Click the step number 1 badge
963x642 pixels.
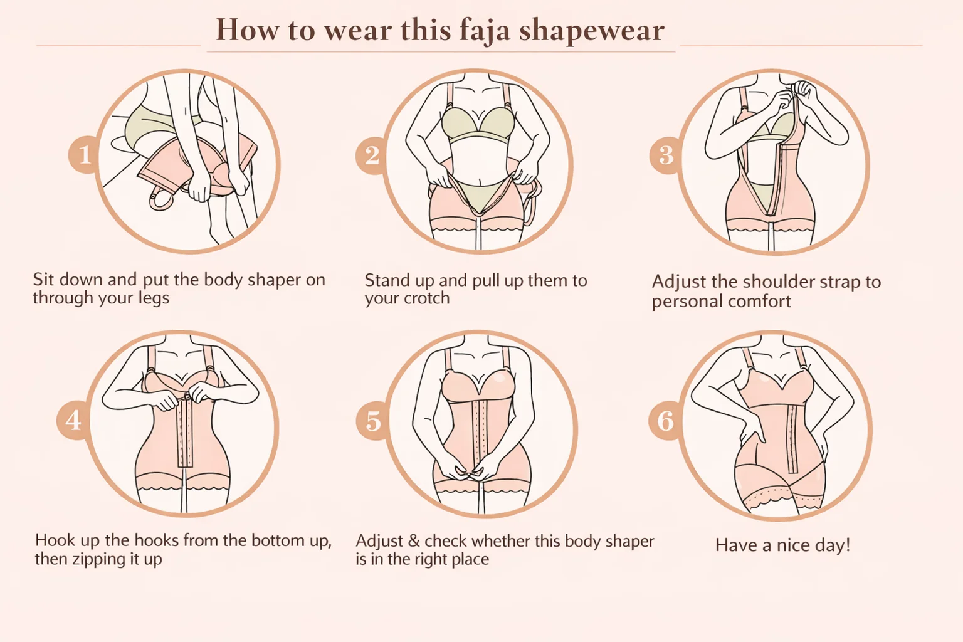click(84, 155)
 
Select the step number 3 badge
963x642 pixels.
click(665, 155)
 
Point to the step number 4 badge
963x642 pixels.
click(73, 420)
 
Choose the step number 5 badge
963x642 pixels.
click(372, 421)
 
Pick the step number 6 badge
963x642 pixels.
click(665, 421)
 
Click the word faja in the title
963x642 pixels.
click(485, 31)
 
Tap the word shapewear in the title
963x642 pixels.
click(592, 31)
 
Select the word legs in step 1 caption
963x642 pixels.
click(154, 298)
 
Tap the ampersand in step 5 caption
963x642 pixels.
click(414, 540)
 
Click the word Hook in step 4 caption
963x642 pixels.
click(52, 540)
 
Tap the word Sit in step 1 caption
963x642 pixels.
click(44, 280)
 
